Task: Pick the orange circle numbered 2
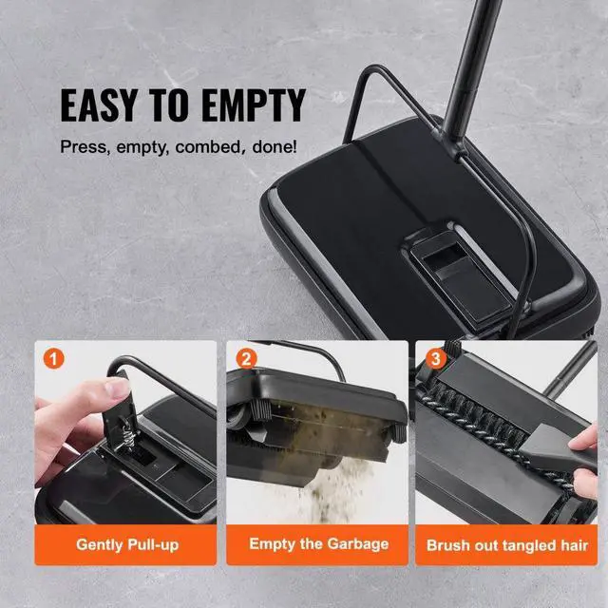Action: tap(247, 358)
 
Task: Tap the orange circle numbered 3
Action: tap(436, 358)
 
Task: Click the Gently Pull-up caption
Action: tap(127, 545)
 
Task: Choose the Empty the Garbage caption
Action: tap(318, 544)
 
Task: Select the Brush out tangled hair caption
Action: tap(506, 545)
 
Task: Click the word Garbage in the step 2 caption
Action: tap(356, 544)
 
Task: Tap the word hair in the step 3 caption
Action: tap(571, 545)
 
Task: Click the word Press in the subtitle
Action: tap(82, 148)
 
